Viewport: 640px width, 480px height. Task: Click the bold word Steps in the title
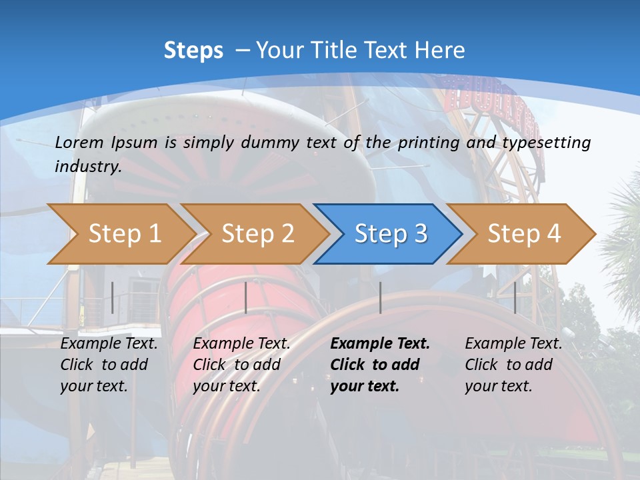(193, 50)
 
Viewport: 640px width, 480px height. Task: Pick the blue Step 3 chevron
(391, 234)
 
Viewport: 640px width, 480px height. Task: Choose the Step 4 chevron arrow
(524, 234)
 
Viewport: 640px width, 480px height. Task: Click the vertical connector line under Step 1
(113, 297)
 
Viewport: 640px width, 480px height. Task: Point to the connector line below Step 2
(246, 297)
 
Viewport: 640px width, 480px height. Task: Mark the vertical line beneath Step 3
(380, 297)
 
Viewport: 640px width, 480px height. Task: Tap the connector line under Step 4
(515, 297)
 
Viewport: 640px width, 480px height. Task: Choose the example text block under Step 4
(513, 365)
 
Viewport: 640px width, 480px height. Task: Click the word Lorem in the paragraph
(80, 142)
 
